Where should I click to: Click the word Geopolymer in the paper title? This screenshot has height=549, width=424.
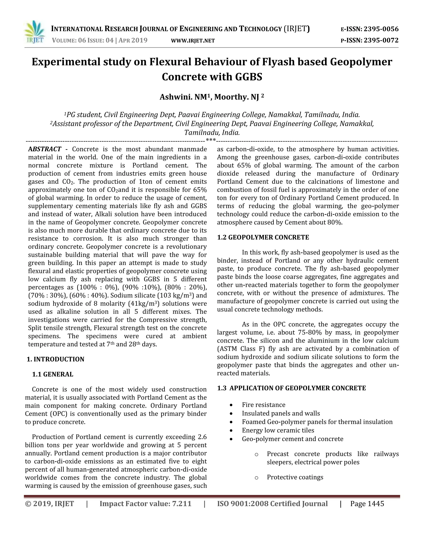pos(361,62)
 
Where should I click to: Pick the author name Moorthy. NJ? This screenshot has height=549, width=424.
pos(237,97)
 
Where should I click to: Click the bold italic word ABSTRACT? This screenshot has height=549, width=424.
pos(45,149)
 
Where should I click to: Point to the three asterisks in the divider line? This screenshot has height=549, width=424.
pos(211,140)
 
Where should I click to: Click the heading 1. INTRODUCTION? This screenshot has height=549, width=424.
pos(55,359)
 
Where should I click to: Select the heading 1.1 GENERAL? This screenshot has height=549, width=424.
pos(53,374)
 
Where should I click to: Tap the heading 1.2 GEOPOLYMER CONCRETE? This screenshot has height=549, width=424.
pos(263,237)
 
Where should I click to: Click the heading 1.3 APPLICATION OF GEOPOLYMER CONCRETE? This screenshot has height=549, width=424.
pos(291,388)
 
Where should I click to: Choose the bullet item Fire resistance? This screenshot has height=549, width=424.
pos(264,405)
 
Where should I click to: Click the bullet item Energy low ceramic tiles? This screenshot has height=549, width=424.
pos(278,430)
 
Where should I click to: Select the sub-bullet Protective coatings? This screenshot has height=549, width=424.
pos(295,477)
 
